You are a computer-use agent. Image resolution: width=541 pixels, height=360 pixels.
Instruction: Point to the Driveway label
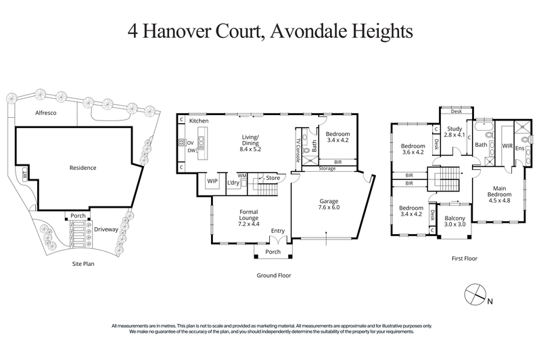coord(107,229)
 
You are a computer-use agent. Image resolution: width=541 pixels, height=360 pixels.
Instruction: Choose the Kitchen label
coord(199,120)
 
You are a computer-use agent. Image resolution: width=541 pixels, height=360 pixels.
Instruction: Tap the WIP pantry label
coord(212,181)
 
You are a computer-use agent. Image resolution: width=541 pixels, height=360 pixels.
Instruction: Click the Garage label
coord(330,202)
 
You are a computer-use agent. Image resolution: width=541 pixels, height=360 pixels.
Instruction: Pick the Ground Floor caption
coord(273,276)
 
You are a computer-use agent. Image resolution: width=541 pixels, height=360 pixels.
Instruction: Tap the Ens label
coord(520,148)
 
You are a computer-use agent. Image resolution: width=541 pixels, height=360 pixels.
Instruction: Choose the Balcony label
coord(454,218)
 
